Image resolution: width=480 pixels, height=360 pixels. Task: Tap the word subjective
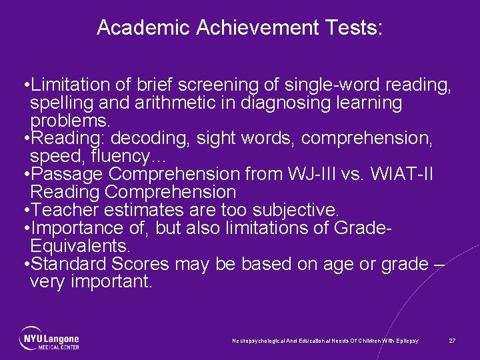pyautogui.click(x=293, y=210)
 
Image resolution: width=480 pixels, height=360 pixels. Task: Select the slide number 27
pyautogui.click(x=452, y=341)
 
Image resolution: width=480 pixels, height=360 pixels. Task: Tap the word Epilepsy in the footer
pyautogui.click(x=406, y=341)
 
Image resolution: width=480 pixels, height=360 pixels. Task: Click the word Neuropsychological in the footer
pyautogui.click(x=256, y=341)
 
